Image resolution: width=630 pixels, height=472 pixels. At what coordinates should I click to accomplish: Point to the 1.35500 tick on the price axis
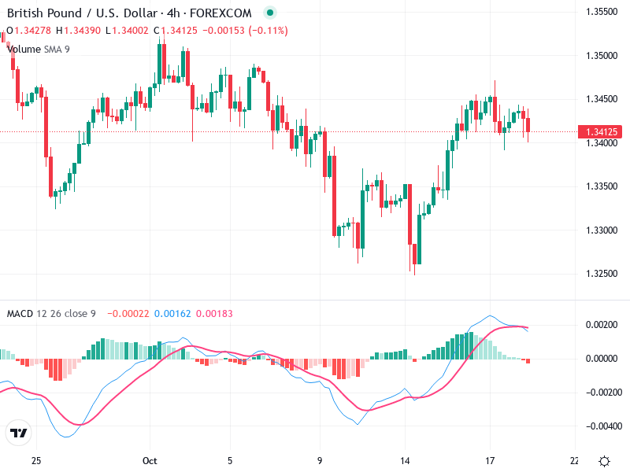point(602,12)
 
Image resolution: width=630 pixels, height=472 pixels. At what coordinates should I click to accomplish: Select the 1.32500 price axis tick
point(602,274)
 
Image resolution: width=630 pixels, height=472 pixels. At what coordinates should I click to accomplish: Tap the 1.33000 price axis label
point(602,230)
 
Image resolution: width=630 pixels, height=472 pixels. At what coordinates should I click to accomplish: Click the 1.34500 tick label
point(602,99)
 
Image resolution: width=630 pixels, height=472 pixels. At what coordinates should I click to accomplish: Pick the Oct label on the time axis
point(151,461)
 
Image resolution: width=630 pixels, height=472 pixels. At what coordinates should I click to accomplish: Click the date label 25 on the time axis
point(35,461)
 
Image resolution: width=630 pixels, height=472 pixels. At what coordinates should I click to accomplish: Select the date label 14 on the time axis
point(406,461)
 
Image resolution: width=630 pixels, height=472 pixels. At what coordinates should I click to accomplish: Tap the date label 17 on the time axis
point(490,461)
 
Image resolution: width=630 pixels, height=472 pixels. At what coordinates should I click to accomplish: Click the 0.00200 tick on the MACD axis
point(602,325)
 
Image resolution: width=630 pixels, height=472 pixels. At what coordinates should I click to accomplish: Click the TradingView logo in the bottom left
point(18,433)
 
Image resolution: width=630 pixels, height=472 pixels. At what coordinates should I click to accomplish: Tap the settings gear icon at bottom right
point(604,461)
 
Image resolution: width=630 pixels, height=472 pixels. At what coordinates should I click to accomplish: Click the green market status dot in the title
point(270,13)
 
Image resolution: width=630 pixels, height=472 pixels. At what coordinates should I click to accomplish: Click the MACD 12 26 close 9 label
point(51,314)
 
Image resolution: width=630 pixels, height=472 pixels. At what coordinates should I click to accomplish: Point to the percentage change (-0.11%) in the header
point(269,31)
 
